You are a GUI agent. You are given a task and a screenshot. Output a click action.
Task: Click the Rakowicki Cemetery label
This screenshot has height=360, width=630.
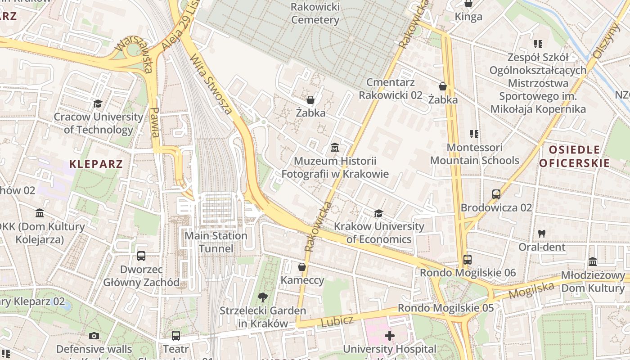(315, 13)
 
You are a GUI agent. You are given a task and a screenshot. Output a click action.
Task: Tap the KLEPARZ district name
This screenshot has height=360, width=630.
(96, 164)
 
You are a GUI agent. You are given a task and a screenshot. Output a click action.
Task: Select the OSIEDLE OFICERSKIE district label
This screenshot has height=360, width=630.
(574, 156)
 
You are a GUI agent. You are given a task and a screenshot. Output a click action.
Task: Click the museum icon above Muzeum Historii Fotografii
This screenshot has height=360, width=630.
(335, 147)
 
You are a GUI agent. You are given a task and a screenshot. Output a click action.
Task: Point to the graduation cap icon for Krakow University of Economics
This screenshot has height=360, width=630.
(378, 213)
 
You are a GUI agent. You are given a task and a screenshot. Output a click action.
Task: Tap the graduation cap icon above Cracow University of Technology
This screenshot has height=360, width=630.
(98, 104)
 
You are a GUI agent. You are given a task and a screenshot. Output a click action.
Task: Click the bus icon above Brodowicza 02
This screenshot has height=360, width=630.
(496, 194)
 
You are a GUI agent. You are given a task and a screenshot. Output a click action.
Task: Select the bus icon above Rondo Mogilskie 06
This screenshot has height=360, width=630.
(468, 260)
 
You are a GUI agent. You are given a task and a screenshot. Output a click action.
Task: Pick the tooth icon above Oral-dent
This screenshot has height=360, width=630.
(542, 234)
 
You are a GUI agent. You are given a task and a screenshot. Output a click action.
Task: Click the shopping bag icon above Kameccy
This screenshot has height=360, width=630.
(302, 267)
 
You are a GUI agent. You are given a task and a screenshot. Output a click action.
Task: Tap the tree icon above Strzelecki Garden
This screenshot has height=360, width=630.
(262, 297)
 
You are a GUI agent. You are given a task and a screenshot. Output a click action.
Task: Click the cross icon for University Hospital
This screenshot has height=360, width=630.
(389, 336)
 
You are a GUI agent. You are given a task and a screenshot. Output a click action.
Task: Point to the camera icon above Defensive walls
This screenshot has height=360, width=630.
(94, 336)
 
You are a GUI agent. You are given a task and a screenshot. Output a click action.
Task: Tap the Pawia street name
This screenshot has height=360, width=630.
(155, 122)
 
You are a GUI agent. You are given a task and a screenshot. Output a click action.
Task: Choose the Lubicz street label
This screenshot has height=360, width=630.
(337, 321)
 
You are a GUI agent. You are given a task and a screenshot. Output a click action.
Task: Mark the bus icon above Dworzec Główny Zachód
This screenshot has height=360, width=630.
(141, 256)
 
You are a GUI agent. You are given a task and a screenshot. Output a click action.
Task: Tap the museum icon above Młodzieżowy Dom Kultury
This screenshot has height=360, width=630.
(593, 262)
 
